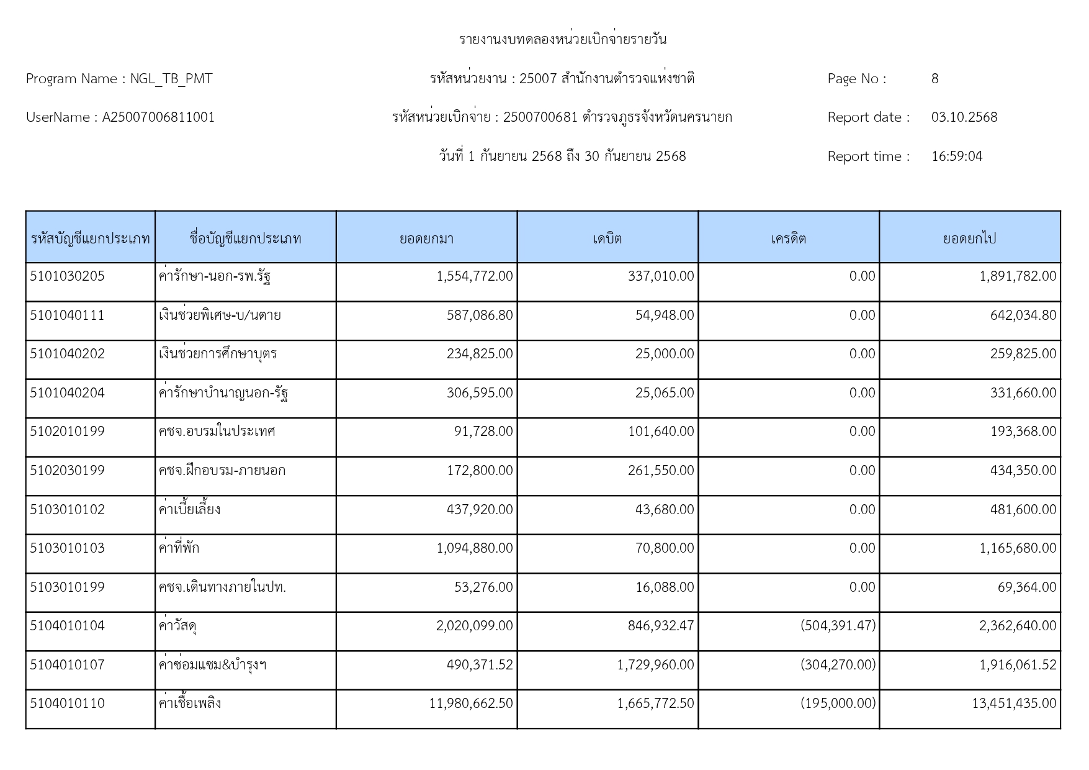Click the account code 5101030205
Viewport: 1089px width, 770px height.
(67, 276)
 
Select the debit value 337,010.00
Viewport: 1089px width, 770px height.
(660, 276)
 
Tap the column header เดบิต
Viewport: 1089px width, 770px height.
(607, 239)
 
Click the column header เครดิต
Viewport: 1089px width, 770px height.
(788, 239)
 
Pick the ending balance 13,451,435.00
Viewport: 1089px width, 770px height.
(1013, 704)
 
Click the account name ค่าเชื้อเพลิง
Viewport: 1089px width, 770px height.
(190, 704)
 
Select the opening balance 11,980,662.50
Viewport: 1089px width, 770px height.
(470, 704)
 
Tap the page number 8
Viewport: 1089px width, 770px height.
(934, 79)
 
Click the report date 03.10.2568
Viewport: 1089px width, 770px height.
(964, 117)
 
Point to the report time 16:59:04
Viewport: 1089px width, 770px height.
(956, 156)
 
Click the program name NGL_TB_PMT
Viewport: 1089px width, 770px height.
(171, 79)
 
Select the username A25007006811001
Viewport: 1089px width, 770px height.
(158, 117)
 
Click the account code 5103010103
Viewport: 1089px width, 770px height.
(67, 548)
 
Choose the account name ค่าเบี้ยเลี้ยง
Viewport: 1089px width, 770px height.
(190, 510)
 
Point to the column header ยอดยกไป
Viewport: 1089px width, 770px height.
(969, 239)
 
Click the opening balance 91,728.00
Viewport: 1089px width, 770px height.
(483, 432)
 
